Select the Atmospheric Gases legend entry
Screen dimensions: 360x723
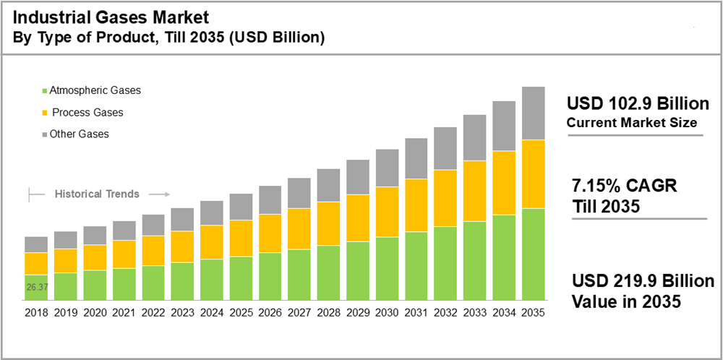95,90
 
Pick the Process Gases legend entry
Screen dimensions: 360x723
87,112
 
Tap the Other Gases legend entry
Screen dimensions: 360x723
79,134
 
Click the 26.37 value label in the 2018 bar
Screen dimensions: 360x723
37,287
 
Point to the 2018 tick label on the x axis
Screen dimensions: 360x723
36,313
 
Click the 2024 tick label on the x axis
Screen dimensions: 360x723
211,313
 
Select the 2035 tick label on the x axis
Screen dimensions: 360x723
533,313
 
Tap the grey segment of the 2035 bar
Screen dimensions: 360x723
533,113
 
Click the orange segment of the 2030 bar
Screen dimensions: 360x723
387,212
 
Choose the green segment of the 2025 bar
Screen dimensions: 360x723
241,278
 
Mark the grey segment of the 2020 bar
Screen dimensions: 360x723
95,235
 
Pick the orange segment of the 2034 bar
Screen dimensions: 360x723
504,183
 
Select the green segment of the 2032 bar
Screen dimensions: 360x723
445,263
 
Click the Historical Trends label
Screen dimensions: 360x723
97,194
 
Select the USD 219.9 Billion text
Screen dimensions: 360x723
643,281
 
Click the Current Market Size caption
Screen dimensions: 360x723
631,123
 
